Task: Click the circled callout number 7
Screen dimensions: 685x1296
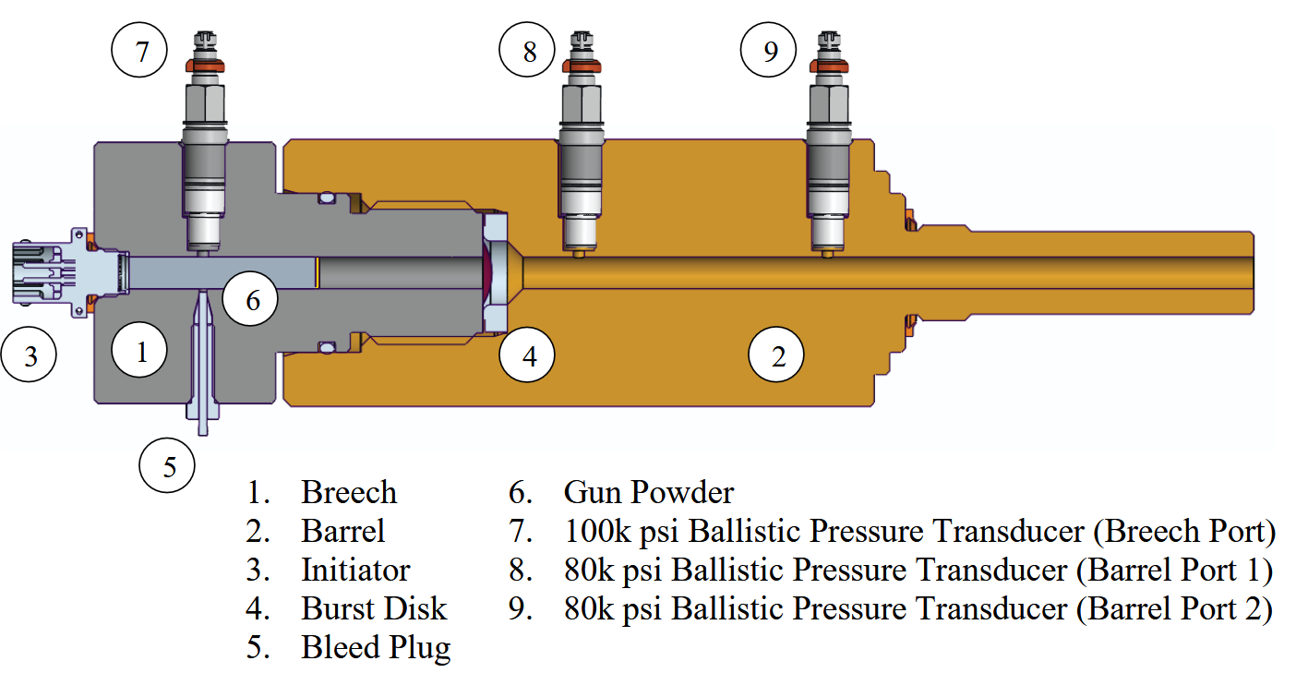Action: [141, 52]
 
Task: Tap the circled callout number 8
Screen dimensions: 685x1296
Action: [530, 52]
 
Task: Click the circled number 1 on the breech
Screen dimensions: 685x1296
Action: [141, 352]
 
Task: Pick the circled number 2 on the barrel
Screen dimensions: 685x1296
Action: [777, 355]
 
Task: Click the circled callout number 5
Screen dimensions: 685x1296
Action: [169, 466]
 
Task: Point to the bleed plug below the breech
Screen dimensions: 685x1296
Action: [203, 369]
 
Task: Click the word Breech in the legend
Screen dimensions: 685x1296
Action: [348, 492]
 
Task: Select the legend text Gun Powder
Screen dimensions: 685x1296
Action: [648, 492]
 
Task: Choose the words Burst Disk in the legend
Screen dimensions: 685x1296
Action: [373, 609]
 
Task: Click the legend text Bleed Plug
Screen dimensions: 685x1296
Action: [376, 648]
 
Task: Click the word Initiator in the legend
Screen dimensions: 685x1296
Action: [355, 571]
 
